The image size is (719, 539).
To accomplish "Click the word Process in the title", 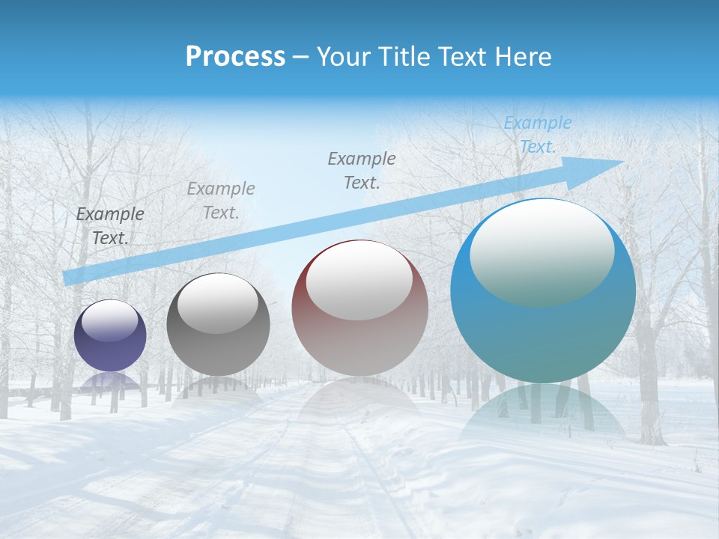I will [x=235, y=57].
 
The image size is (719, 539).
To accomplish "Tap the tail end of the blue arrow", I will [x=70, y=277].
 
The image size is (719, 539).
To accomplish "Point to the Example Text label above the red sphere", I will [x=362, y=170].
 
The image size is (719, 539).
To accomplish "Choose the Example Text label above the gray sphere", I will [x=221, y=201].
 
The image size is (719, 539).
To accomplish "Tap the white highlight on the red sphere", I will [x=359, y=281].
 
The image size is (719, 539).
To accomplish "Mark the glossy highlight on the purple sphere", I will [x=110, y=320].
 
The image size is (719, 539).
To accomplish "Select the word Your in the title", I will [x=342, y=57].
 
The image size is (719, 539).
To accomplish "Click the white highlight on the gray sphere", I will [x=218, y=303].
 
